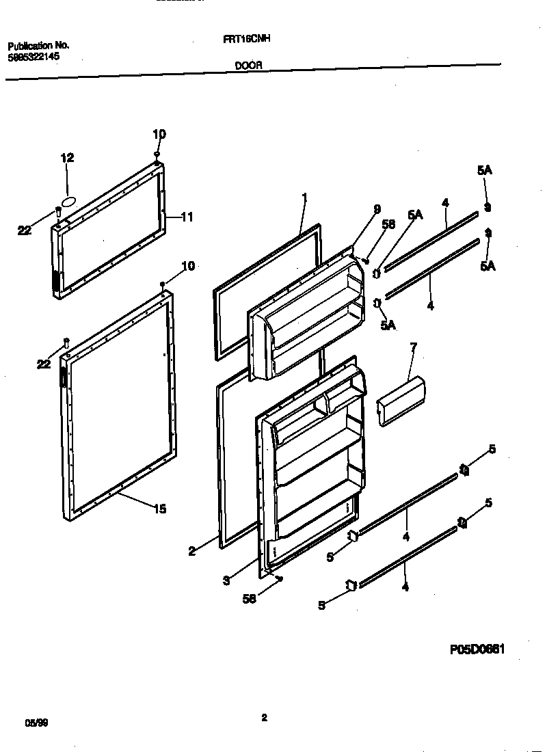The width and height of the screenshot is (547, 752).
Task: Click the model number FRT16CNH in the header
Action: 247,40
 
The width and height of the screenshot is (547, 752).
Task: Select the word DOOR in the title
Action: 249,67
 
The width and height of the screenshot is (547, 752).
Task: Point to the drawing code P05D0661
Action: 477,650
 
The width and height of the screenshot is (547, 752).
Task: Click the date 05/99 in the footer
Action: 33,723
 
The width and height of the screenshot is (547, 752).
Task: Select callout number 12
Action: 67,158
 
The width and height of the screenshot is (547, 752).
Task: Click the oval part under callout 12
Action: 68,201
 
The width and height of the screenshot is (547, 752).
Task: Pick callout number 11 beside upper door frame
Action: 187,217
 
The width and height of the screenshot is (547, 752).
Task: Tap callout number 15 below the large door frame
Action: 159,509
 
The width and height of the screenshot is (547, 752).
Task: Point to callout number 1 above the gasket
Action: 304,198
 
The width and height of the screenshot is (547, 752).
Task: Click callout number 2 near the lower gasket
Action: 192,552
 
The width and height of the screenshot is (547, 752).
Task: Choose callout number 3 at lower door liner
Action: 226,580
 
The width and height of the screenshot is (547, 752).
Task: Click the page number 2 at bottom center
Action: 264,717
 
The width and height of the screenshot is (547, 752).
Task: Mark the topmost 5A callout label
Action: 484,171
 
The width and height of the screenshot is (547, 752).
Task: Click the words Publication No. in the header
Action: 38,46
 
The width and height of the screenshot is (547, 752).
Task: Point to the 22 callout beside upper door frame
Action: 25,231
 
